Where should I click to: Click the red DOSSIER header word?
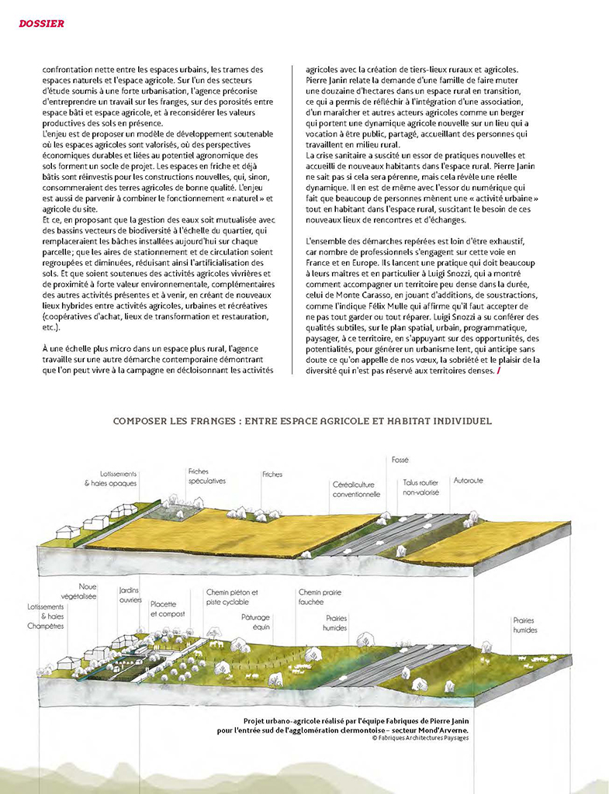click(x=41, y=23)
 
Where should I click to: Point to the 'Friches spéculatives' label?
click(x=206, y=476)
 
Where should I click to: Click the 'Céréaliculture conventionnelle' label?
click(x=356, y=489)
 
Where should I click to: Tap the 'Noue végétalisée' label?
click(x=88, y=592)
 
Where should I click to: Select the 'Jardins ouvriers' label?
click(x=129, y=595)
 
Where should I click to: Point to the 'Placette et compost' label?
click(x=164, y=609)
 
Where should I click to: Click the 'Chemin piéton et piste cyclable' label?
click(x=232, y=597)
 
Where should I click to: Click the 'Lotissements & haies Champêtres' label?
click(x=46, y=616)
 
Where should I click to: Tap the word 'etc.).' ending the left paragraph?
click(x=53, y=327)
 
